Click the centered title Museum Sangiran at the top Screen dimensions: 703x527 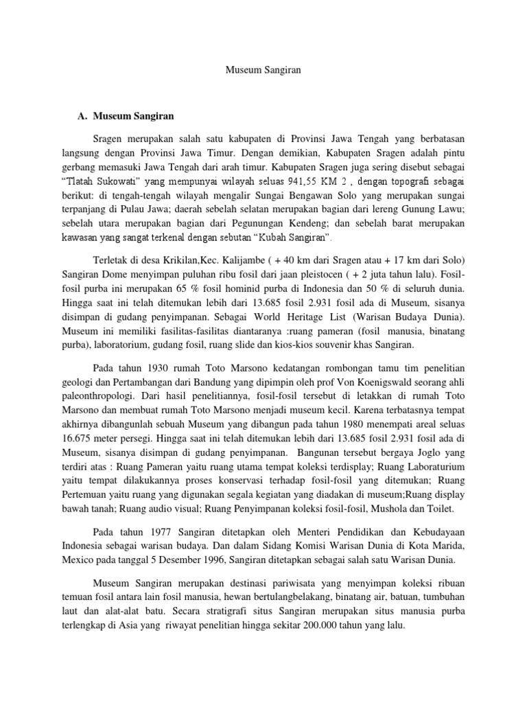click(x=263, y=69)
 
